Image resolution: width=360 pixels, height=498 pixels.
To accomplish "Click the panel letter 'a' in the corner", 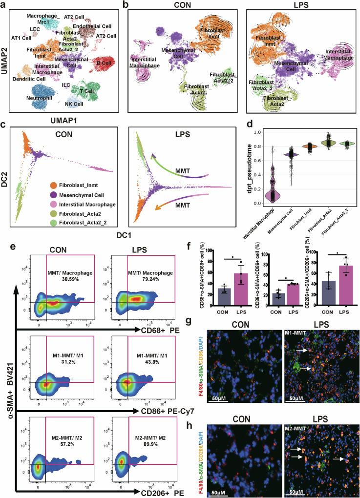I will point(4,5).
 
